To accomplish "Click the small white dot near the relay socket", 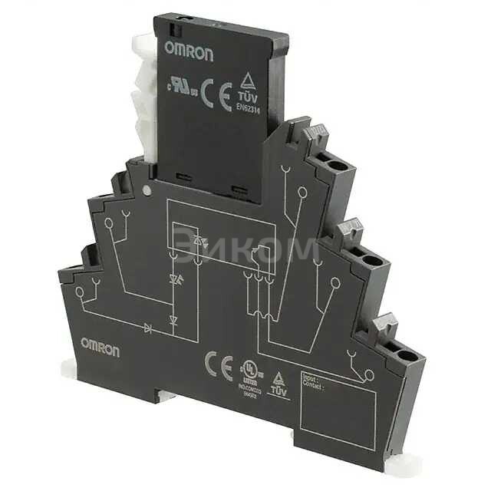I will pos(146,187).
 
